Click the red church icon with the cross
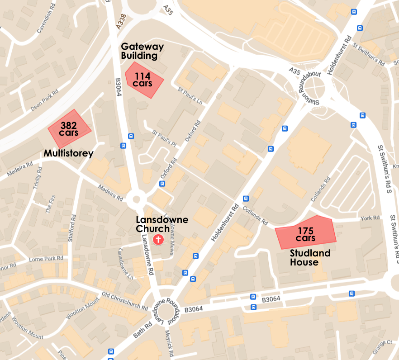tap(158, 239)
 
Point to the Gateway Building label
tap(142, 51)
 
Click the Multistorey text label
tap(68, 154)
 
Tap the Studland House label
tap(310, 257)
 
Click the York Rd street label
tap(370, 218)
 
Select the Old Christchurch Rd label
tap(125, 301)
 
